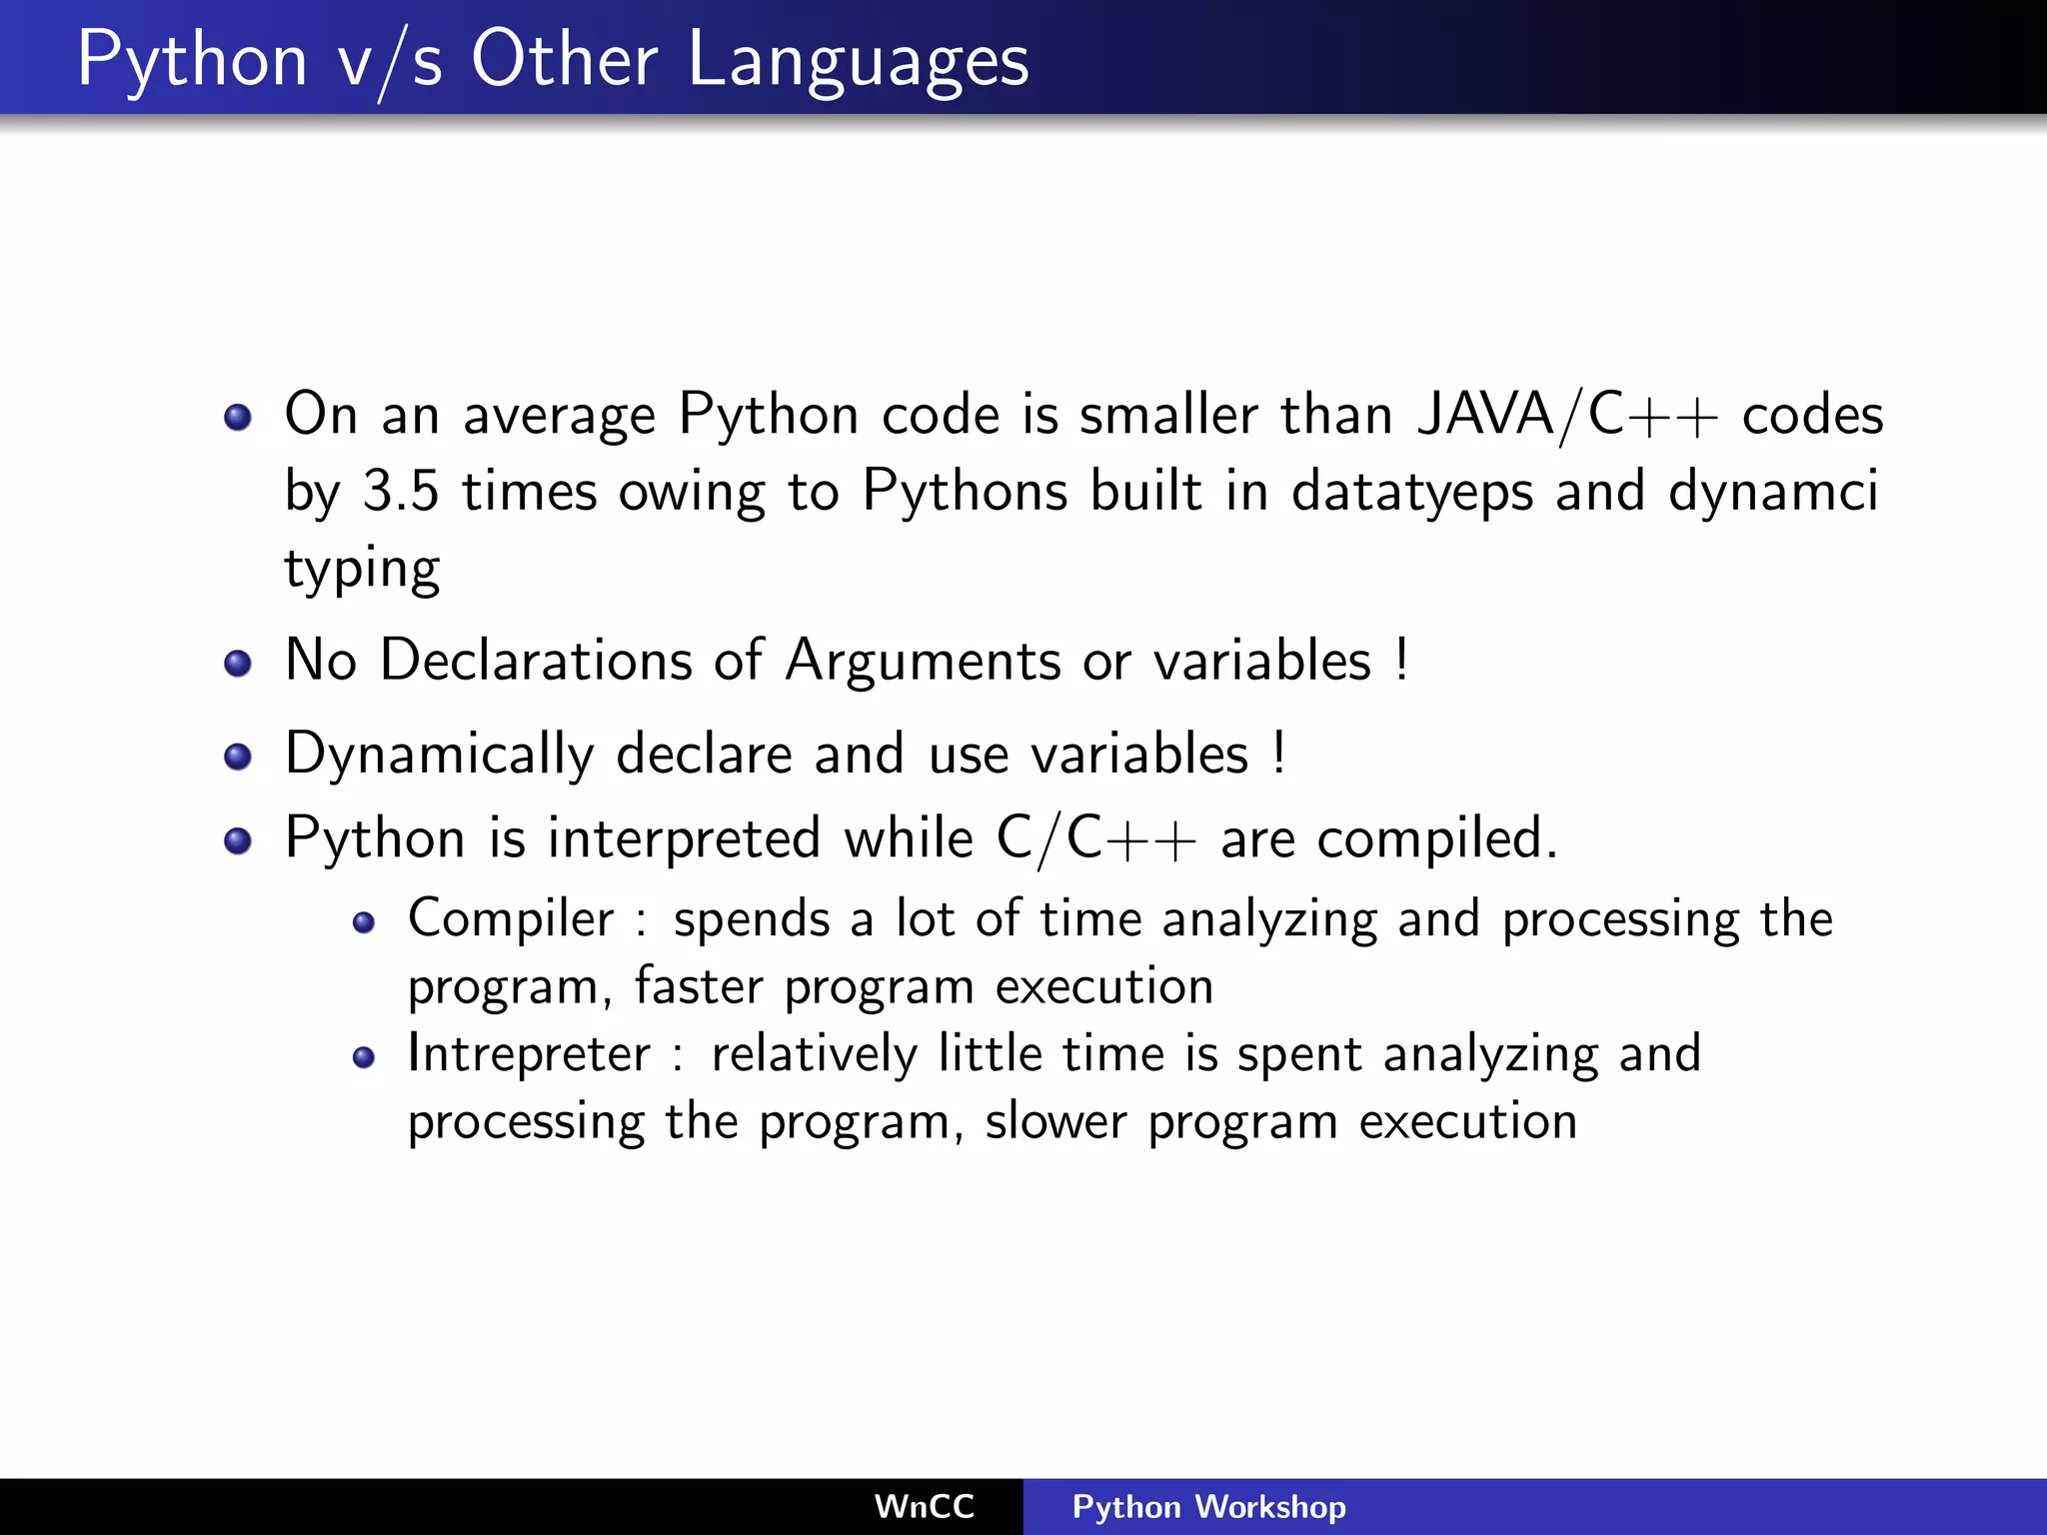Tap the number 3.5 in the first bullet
click(400, 492)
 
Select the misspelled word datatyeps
click(1411, 492)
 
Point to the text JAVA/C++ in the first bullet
click(1567, 414)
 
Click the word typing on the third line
click(362, 570)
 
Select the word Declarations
click(537, 661)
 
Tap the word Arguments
click(923, 661)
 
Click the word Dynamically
click(440, 754)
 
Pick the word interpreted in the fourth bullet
click(684, 837)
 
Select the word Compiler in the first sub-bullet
click(511, 918)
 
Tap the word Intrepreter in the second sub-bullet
click(529, 1054)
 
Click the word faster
click(699, 986)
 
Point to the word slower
click(1055, 1121)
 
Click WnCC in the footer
click(924, 1506)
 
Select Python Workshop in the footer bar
click(1208, 1506)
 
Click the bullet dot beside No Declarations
click(238, 664)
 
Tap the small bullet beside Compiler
click(364, 922)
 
